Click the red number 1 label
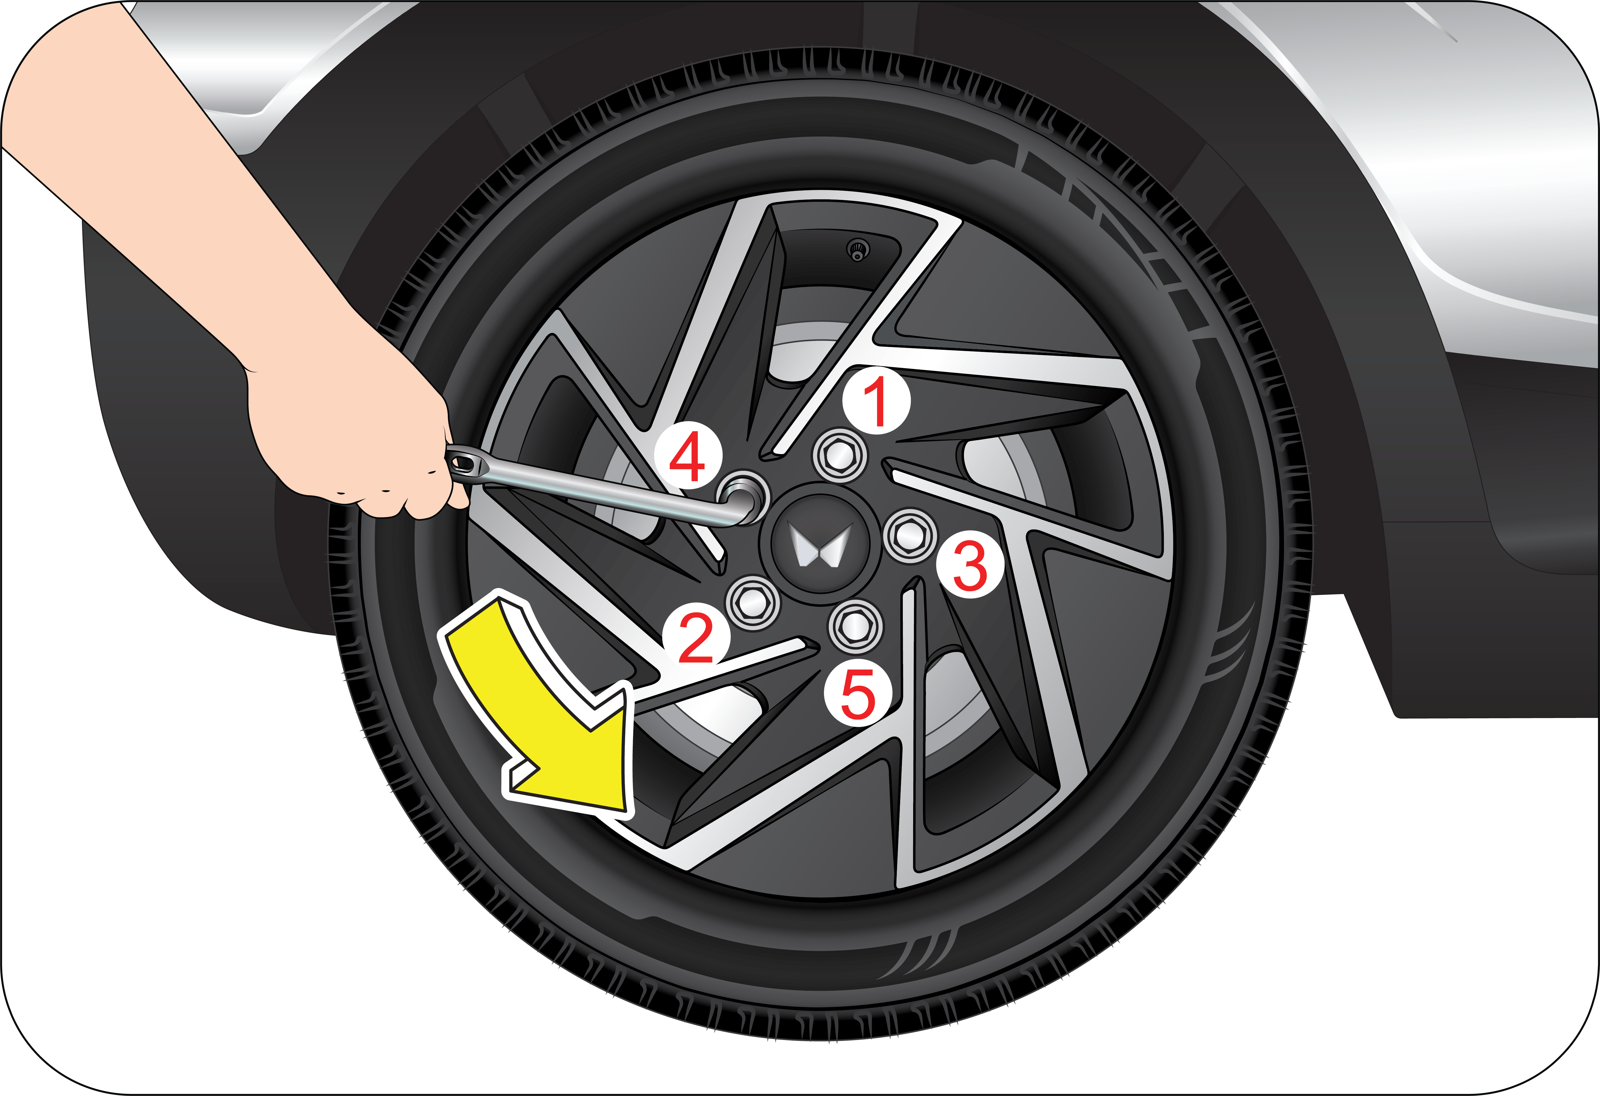point(876,402)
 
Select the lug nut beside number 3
point(910,535)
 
